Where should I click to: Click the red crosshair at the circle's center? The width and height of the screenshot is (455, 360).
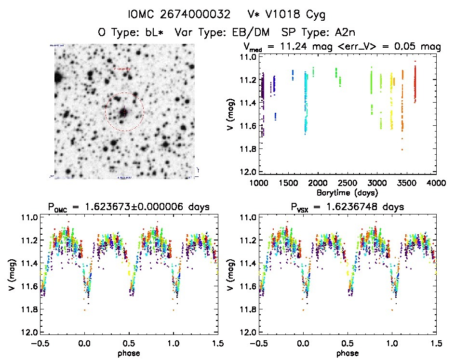tap(124, 112)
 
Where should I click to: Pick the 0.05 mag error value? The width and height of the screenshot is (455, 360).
tap(416, 47)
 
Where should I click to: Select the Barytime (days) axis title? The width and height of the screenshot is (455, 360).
tap(348, 192)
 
